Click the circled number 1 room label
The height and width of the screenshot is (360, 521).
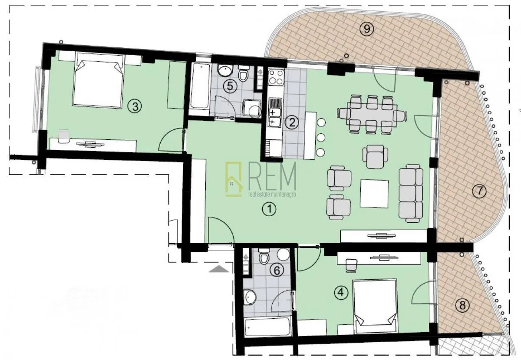[x=269, y=210]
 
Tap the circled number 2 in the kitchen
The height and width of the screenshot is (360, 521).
[x=292, y=122]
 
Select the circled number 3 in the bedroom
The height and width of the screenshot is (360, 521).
[x=136, y=106]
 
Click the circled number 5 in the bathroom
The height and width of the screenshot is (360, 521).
[x=230, y=86]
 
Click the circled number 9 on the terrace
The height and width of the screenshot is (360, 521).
[x=367, y=29]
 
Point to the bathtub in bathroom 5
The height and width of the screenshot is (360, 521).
[x=200, y=86]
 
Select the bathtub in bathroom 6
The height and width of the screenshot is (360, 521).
[x=267, y=327]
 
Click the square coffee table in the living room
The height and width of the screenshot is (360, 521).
[x=374, y=193]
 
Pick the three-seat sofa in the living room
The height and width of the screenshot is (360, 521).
[x=411, y=193]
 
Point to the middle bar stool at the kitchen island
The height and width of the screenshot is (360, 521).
[x=321, y=138]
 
